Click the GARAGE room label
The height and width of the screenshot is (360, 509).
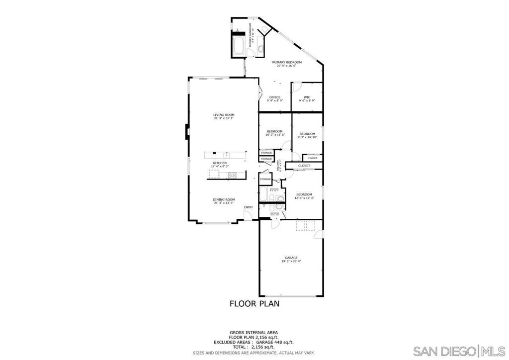tap(291, 258)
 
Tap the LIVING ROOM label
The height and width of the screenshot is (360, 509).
tap(224, 115)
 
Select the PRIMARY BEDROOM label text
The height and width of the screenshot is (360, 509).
tap(286, 62)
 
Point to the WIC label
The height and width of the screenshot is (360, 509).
tap(307, 97)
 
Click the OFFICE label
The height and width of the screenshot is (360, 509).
tap(275, 97)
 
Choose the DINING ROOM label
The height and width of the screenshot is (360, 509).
tap(224, 199)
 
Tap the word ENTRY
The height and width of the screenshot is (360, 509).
tap(249, 207)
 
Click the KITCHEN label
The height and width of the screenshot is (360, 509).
tap(220, 163)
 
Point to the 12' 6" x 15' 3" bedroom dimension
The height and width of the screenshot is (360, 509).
tap(304, 198)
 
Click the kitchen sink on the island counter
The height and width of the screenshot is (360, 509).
tap(225, 154)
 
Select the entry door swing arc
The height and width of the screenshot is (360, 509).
tap(246, 215)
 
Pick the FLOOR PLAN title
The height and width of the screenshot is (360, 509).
tap(254, 303)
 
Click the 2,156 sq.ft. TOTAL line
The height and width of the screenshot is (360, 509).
tap(254, 346)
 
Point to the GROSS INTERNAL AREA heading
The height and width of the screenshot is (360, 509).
tap(254, 333)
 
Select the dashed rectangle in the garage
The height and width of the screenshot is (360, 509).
tap(305, 226)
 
